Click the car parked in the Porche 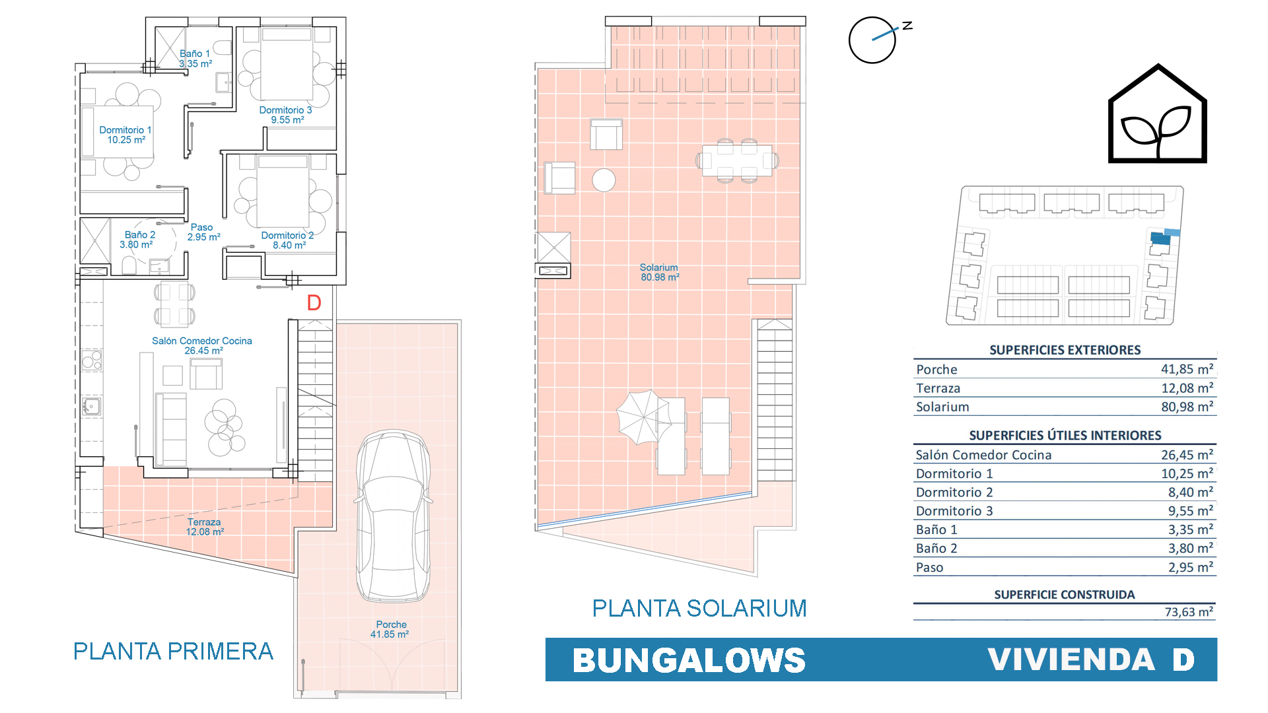click(x=394, y=516)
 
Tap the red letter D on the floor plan click(x=314, y=303)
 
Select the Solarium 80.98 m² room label click(x=659, y=272)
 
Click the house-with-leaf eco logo click(x=1157, y=113)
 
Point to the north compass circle click(x=872, y=40)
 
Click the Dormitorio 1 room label click(x=125, y=135)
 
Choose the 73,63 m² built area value click(x=1189, y=612)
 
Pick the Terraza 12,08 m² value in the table click(x=1187, y=388)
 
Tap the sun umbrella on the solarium click(x=643, y=417)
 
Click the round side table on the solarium click(x=604, y=180)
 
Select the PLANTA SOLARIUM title click(x=699, y=608)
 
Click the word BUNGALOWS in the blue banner click(x=689, y=660)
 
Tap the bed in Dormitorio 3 click(x=287, y=63)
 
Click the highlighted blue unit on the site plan click(x=1160, y=238)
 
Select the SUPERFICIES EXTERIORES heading click(x=1065, y=350)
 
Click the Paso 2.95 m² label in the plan click(x=203, y=232)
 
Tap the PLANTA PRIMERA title click(x=173, y=651)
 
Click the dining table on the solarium click(x=737, y=160)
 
